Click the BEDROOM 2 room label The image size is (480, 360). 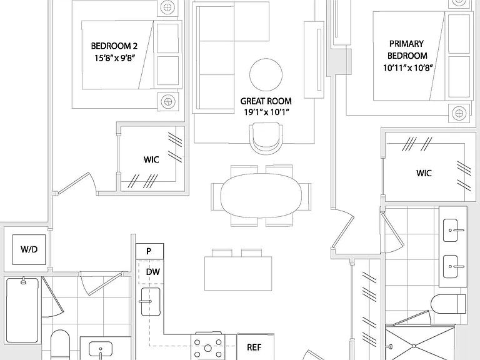tap(114, 46)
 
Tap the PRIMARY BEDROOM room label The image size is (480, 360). tap(407, 49)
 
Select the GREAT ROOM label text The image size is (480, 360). tap(266, 101)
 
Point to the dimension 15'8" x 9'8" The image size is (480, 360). tap(114, 58)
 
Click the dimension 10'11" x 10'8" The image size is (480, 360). tap(408, 67)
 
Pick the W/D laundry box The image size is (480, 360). tap(29, 249)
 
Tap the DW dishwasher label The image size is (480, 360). tap(152, 272)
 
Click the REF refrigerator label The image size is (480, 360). tap(254, 347)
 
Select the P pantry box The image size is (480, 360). tap(150, 251)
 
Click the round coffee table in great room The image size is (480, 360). tap(266, 75)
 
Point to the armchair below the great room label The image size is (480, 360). tap(266, 138)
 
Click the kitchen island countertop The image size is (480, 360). tap(238, 273)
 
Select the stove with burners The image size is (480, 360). tap(208, 346)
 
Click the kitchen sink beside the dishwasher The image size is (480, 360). tap(151, 301)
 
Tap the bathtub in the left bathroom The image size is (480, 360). tap(22, 310)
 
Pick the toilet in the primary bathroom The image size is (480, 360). tap(448, 304)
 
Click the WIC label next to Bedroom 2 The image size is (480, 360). tap(151, 159)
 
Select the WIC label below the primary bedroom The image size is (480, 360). tap(424, 173)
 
